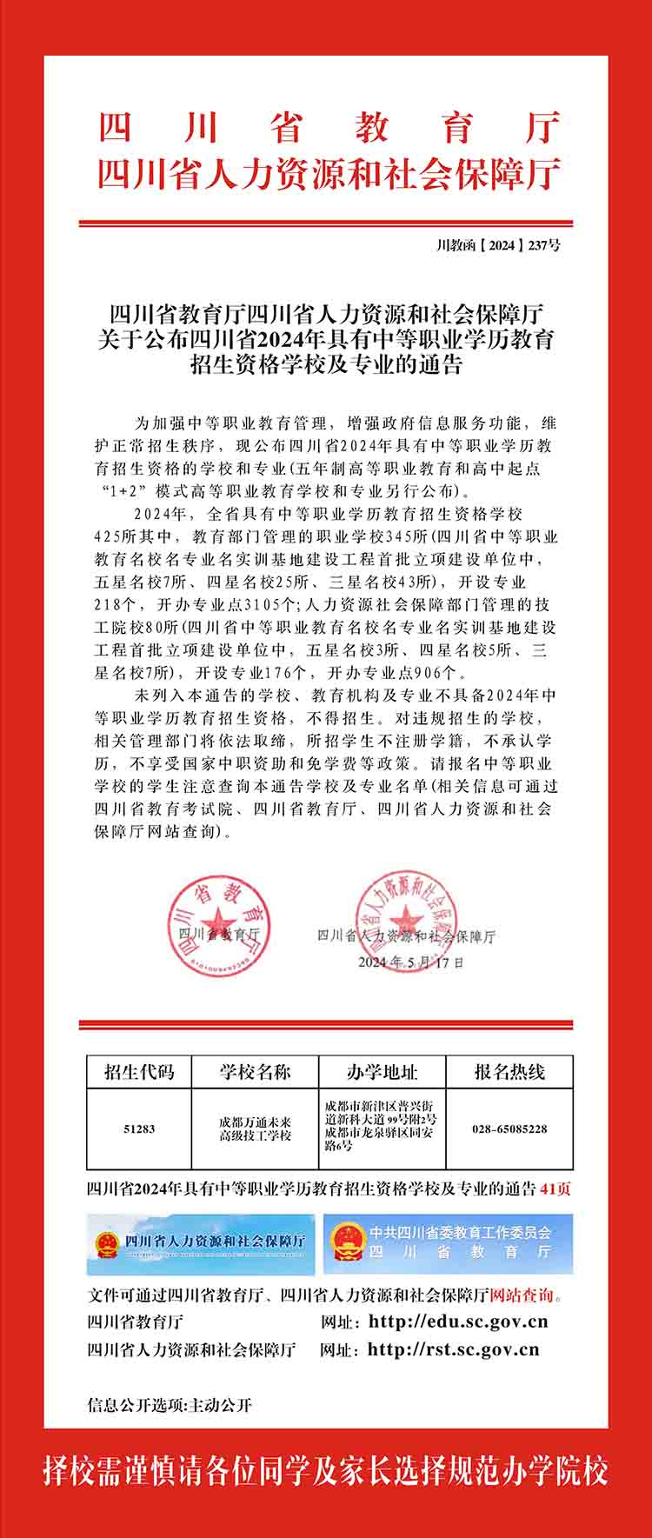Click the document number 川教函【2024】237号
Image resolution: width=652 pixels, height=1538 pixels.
pyautogui.click(x=498, y=245)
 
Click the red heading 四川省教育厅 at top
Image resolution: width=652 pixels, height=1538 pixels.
pyautogui.click(x=329, y=129)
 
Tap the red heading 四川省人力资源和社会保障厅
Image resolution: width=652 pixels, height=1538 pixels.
pyautogui.click(x=329, y=174)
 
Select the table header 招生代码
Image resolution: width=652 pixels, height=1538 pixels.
pyautogui.click(x=139, y=1071)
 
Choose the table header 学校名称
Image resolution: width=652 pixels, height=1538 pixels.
pyautogui.click(x=255, y=1071)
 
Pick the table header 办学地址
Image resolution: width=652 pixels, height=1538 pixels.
pyautogui.click(x=382, y=1071)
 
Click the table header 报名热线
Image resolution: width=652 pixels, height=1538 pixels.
pyautogui.click(x=509, y=1071)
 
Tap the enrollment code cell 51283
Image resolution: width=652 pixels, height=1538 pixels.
pyautogui.click(x=139, y=1129)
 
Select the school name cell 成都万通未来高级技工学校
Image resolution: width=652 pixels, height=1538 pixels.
pyautogui.click(x=255, y=1129)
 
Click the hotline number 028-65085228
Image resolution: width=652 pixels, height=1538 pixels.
pyautogui.click(x=509, y=1129)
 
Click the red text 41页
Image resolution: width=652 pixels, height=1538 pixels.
pyautogui.click(x=556, y=1188)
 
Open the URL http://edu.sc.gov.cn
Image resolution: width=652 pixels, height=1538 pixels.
pyautogui.click(x=458, y=1322)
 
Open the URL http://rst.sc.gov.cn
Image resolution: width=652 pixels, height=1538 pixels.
pyautogui.click(x=453, y=1349)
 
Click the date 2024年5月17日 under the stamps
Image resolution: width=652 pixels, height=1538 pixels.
pyautogui.click(x=411, y=962)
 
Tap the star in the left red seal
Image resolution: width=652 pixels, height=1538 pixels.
pyautogui.click(x=215, y=918)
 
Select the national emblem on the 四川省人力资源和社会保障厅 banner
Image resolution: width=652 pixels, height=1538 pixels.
pyautogui.click(x=107, y=1244)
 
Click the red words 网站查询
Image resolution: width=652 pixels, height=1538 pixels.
pyautogui.click(x=522, y=1295)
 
